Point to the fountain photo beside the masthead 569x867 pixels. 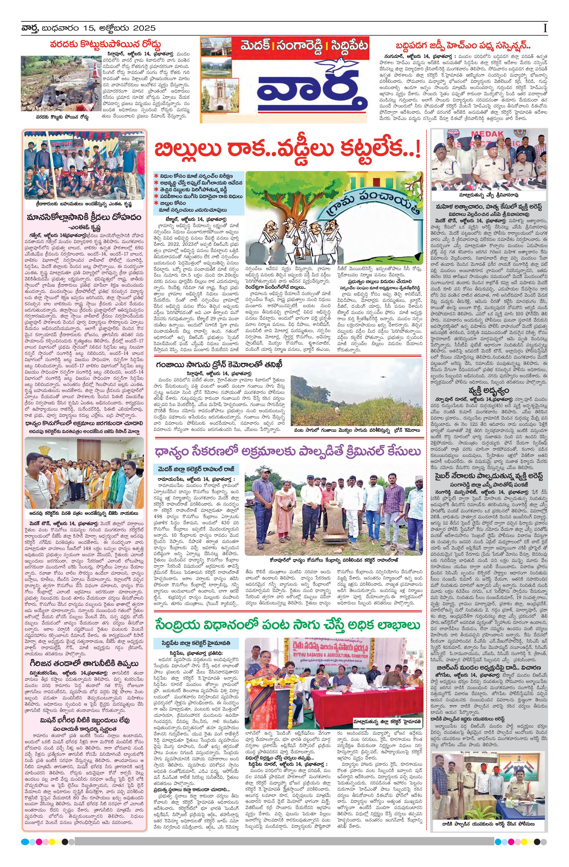pyautogui.click(x=216, y=69)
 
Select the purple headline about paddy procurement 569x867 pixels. pyautogui.click(x=287, y=452)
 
